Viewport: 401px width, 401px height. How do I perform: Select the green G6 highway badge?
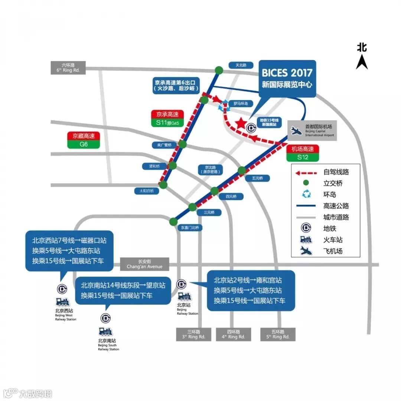84,144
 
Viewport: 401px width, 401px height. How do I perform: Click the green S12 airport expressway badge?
303,157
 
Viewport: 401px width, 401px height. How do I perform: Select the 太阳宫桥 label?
146,191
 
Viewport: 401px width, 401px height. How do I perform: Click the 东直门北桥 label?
190,227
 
